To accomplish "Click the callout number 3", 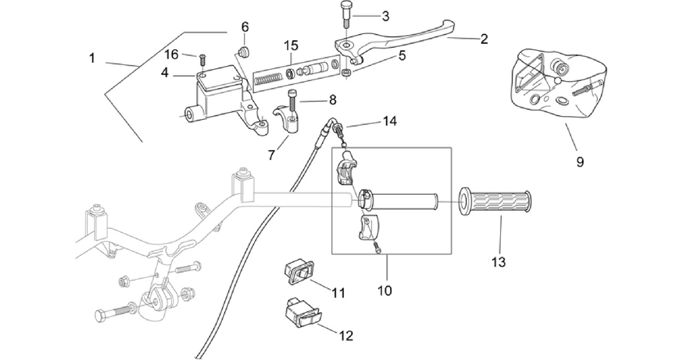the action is [x=386, y=17].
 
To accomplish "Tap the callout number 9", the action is [x=580, y=161].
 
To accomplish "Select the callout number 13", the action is [x=499, y=262].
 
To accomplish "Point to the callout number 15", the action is [x=292, y=45].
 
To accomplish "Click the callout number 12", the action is [x=346, y=336].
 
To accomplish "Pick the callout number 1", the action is [x=92, y=58].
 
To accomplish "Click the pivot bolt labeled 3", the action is [x=345, y=15].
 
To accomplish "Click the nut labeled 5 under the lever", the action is [x=346, y=73].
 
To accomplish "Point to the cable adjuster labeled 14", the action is [x=339, y=129].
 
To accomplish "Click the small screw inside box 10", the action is [x=377, y=248].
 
